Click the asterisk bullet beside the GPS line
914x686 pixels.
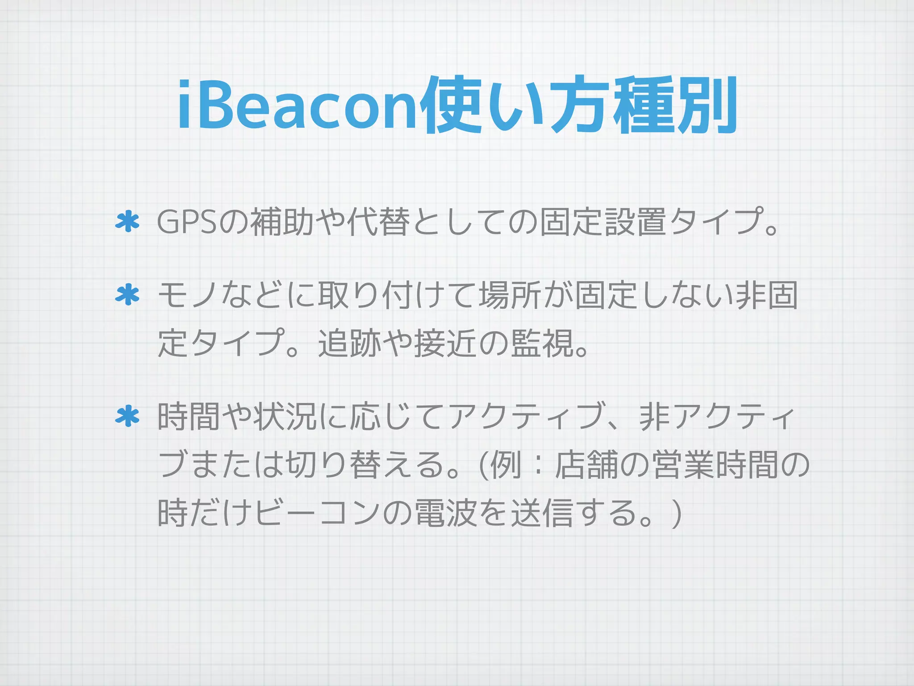(128, 222)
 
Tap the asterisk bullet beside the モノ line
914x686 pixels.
(128, 295)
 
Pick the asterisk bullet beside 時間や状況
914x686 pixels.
(128, 416)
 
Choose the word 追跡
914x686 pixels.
(350, 343)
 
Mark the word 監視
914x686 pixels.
(543, 343)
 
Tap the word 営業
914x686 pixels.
(683, 465)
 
